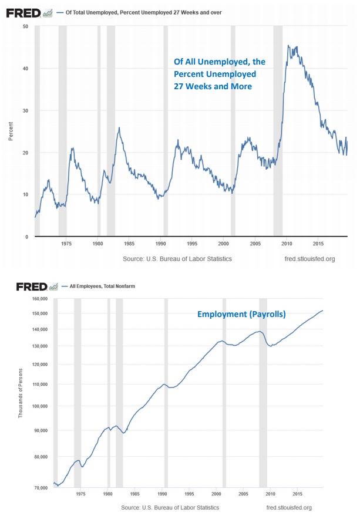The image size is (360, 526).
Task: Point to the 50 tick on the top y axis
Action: click(25, 26)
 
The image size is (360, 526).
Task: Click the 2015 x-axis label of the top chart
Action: click(318, 242)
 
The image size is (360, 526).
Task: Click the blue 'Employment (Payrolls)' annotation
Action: click(241, 315)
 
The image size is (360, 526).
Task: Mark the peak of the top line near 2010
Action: click(288, 45)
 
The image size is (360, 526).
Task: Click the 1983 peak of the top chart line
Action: click(119, 127)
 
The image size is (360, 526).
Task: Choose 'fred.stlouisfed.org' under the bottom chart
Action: click(289, 507)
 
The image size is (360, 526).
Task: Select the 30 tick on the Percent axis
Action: click(25, 110)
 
